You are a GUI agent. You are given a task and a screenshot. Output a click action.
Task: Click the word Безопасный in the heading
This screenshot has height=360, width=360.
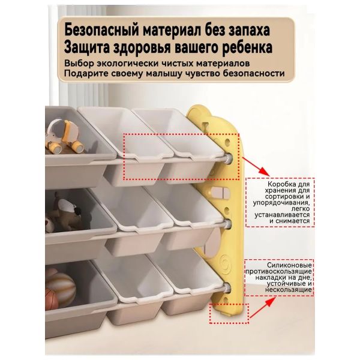pyautogui.click(x=102, y=30)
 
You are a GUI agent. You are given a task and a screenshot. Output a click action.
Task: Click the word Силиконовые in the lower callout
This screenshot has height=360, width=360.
pyautogui.click(x=289, y=265)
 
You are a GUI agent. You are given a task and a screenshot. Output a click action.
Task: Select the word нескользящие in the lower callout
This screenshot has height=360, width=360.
pyautogui.click(x=289, y=290)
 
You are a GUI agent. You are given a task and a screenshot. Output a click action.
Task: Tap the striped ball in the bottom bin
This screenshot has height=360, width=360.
pyautogui.click(x=61, y=284)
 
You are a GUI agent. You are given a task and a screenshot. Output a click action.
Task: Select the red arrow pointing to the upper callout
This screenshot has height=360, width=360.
pyautogui.click(x=256, y=166)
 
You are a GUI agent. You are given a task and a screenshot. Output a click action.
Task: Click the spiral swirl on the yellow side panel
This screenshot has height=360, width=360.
pyautogui.click(x=227, y=263)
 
